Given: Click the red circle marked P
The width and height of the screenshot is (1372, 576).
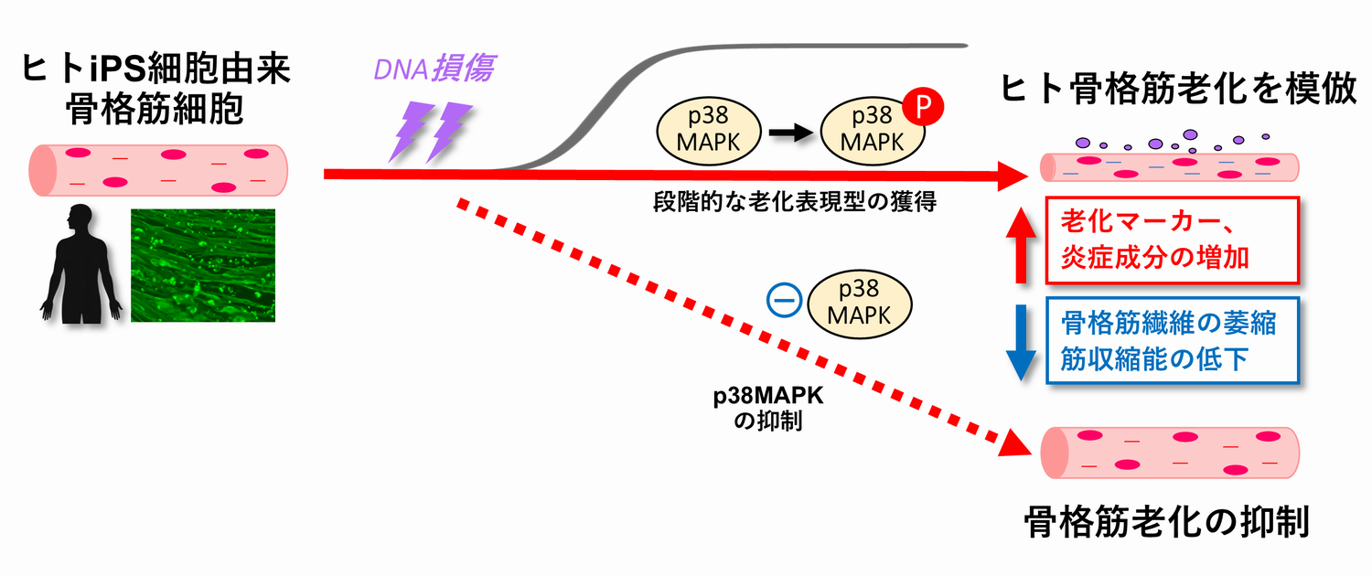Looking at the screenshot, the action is (x=923, y=105).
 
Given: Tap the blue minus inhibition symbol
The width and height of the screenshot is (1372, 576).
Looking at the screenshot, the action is (x=784, y=300).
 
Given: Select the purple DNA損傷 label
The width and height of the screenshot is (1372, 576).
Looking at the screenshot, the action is (x=434, y=68).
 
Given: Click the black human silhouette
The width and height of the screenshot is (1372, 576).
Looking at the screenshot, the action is (x=80, y=264).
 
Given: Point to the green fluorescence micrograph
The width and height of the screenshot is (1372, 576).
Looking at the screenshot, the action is (x=203, y=265).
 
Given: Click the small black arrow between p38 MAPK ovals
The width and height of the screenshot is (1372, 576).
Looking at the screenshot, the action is (x=791, y=133).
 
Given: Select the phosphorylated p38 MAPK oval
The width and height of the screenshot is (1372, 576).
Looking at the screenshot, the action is (x=873, y=131).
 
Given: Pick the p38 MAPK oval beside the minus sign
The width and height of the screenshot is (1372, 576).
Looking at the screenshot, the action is (x=860, y=304).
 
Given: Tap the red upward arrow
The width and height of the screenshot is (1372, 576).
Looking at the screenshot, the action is (x=1021, y=245).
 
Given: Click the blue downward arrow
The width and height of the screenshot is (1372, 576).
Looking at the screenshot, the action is (x=1021, y=343).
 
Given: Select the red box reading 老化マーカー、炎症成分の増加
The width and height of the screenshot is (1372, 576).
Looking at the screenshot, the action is (x=1173, y=240).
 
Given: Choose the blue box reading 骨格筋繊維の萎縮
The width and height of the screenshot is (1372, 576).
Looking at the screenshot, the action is (x=1173, y=340).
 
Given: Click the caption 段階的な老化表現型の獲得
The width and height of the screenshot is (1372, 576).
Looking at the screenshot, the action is (x=795, y=201).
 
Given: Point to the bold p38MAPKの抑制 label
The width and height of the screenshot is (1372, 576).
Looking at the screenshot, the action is (x=768, y=409).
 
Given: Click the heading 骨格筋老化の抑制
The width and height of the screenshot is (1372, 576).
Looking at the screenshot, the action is (x=1167, y=521).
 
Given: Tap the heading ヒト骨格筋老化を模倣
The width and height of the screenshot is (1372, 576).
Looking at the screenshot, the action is (x=1178, y=90).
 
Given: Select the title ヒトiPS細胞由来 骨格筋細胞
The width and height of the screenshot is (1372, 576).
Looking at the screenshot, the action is (x=155, y=89).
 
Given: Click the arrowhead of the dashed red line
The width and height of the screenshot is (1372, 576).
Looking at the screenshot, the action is (x=1015, y=445).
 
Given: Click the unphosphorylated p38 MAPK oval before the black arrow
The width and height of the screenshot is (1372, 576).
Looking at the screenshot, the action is (x=709, y=131).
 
